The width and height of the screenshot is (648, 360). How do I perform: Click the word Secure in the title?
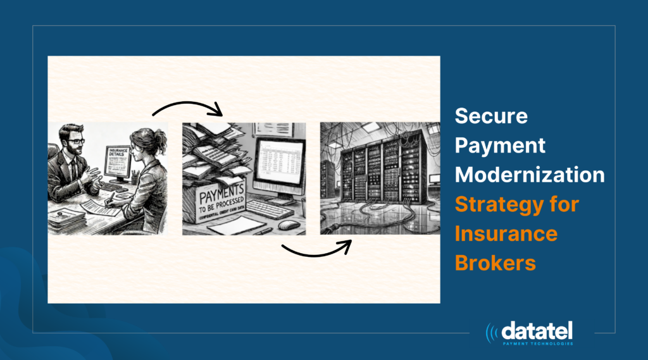pyautogui.click(x=492, y=117)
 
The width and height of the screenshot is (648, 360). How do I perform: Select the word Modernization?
pyautogui.click(x=530, y=175)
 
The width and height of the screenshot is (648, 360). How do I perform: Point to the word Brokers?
pyautogui.click(x=495, y=263)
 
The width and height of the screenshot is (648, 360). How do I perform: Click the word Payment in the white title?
pyautogui.click(x=501, y=146)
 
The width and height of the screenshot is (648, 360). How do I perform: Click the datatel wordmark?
pyautogui.click(x=537, y=331)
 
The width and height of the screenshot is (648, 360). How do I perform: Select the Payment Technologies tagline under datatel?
pyautogui.click(x=537, y=344)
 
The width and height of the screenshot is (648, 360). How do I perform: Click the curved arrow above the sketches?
pyautogui.click(x=188, y=106)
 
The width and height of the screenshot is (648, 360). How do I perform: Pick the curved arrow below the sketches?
pyautogui.click(x=316, y=249)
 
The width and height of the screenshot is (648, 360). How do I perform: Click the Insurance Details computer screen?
pyautogui.click(x=116, y=158)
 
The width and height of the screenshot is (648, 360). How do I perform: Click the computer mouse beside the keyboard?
pyautogui.click(x=288, y=225)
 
